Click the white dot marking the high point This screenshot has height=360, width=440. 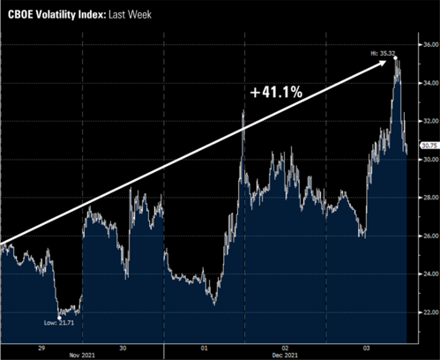pos(396,58)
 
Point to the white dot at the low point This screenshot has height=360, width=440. pos(59,315)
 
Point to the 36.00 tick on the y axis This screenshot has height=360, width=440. pos(427,44)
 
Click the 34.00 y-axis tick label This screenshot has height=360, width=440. pos(427,83)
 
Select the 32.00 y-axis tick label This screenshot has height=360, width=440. pos(427,121)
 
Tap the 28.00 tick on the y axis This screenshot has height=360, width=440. pos(427,198)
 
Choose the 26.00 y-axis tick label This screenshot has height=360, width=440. pos(427,236)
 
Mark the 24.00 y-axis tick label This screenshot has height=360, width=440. pos(427,274)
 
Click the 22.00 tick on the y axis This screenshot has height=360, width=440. pos(427,312)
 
